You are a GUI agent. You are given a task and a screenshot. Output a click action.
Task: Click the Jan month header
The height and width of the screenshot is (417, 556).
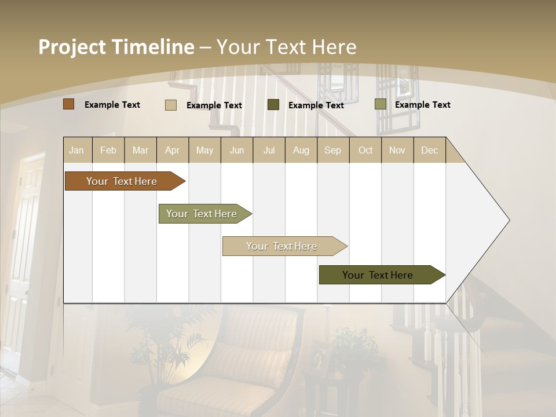click(x=76, y=150)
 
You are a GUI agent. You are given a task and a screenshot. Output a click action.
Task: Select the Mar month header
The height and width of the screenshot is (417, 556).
click(x=140, y=150)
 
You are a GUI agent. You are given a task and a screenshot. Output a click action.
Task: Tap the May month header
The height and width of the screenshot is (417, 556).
click(x=204, y=150)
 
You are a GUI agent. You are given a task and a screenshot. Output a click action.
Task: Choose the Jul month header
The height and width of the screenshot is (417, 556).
click(x=269, y=150)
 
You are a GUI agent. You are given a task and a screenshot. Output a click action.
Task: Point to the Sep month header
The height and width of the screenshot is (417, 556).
click(x=332, y=150)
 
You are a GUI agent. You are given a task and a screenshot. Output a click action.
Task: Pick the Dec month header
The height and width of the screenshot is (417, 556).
click(x=429, y=150)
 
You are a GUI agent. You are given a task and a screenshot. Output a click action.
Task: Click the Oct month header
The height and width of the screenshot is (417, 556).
click(x=365, y=150)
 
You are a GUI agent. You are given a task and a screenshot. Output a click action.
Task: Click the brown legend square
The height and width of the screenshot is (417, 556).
click(x=69, y=104)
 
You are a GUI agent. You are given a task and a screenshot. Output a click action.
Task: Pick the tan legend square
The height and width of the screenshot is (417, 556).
click(x=171, y=105)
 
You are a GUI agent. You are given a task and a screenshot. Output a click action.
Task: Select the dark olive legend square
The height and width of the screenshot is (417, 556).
click(x=273, y=105)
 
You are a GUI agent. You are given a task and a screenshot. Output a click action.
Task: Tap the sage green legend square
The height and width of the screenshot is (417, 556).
click(x=380, y=104)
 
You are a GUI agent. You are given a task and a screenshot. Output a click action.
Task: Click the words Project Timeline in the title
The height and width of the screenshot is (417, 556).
click(x=116, y=47)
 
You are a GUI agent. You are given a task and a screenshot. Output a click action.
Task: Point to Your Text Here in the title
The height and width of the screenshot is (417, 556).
click(x=286, y=47)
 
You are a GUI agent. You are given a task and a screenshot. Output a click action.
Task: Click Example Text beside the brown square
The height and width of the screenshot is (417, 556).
click(x=112, y=105)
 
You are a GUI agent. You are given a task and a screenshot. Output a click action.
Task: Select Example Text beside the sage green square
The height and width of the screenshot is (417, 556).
click(x=423, y=105)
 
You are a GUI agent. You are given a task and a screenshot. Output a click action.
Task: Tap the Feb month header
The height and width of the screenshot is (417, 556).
click(x=108, y=150)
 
